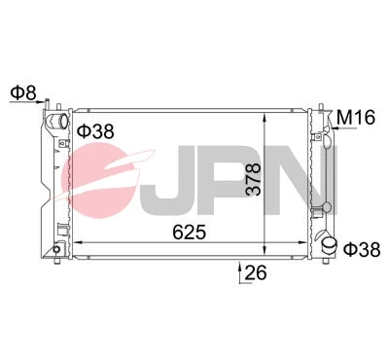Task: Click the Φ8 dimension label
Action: [22, 93]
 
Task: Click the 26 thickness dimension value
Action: [255, 273]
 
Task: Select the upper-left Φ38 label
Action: [95, 130]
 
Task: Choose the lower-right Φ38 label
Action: [361, 249]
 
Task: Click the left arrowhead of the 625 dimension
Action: [78, 240]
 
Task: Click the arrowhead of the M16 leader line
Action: [323, 126]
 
